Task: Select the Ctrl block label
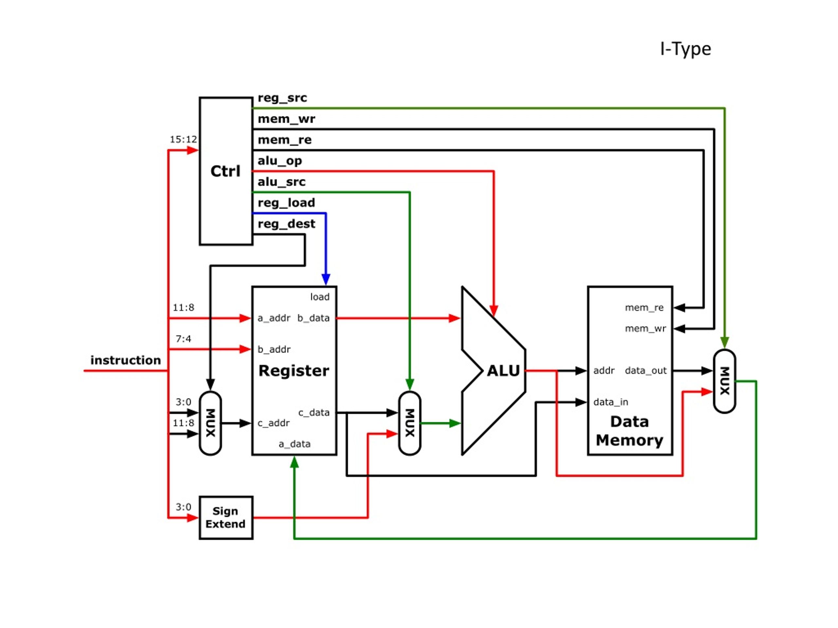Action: (226, 171)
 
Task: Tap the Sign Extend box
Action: (226, 517)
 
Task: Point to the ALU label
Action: (503, 371)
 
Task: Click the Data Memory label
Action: (629, 431)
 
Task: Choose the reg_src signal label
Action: (282, 98)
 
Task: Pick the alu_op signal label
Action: (280, 161)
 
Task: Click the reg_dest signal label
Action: (286, 224)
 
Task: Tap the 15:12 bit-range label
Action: (183, 139)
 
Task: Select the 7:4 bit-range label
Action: (183, 339)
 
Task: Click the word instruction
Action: (126, 360)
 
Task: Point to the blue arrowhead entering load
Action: (326, 280)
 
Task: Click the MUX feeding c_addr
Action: (210, 423)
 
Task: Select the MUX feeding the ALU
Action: (410, 423)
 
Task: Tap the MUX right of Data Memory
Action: (724, 381)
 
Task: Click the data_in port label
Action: (611, 402)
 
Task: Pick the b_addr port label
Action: (274, 349)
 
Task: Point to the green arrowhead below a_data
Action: (294, 462)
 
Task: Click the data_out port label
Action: (646, 371)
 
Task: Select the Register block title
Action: (294, 371)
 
